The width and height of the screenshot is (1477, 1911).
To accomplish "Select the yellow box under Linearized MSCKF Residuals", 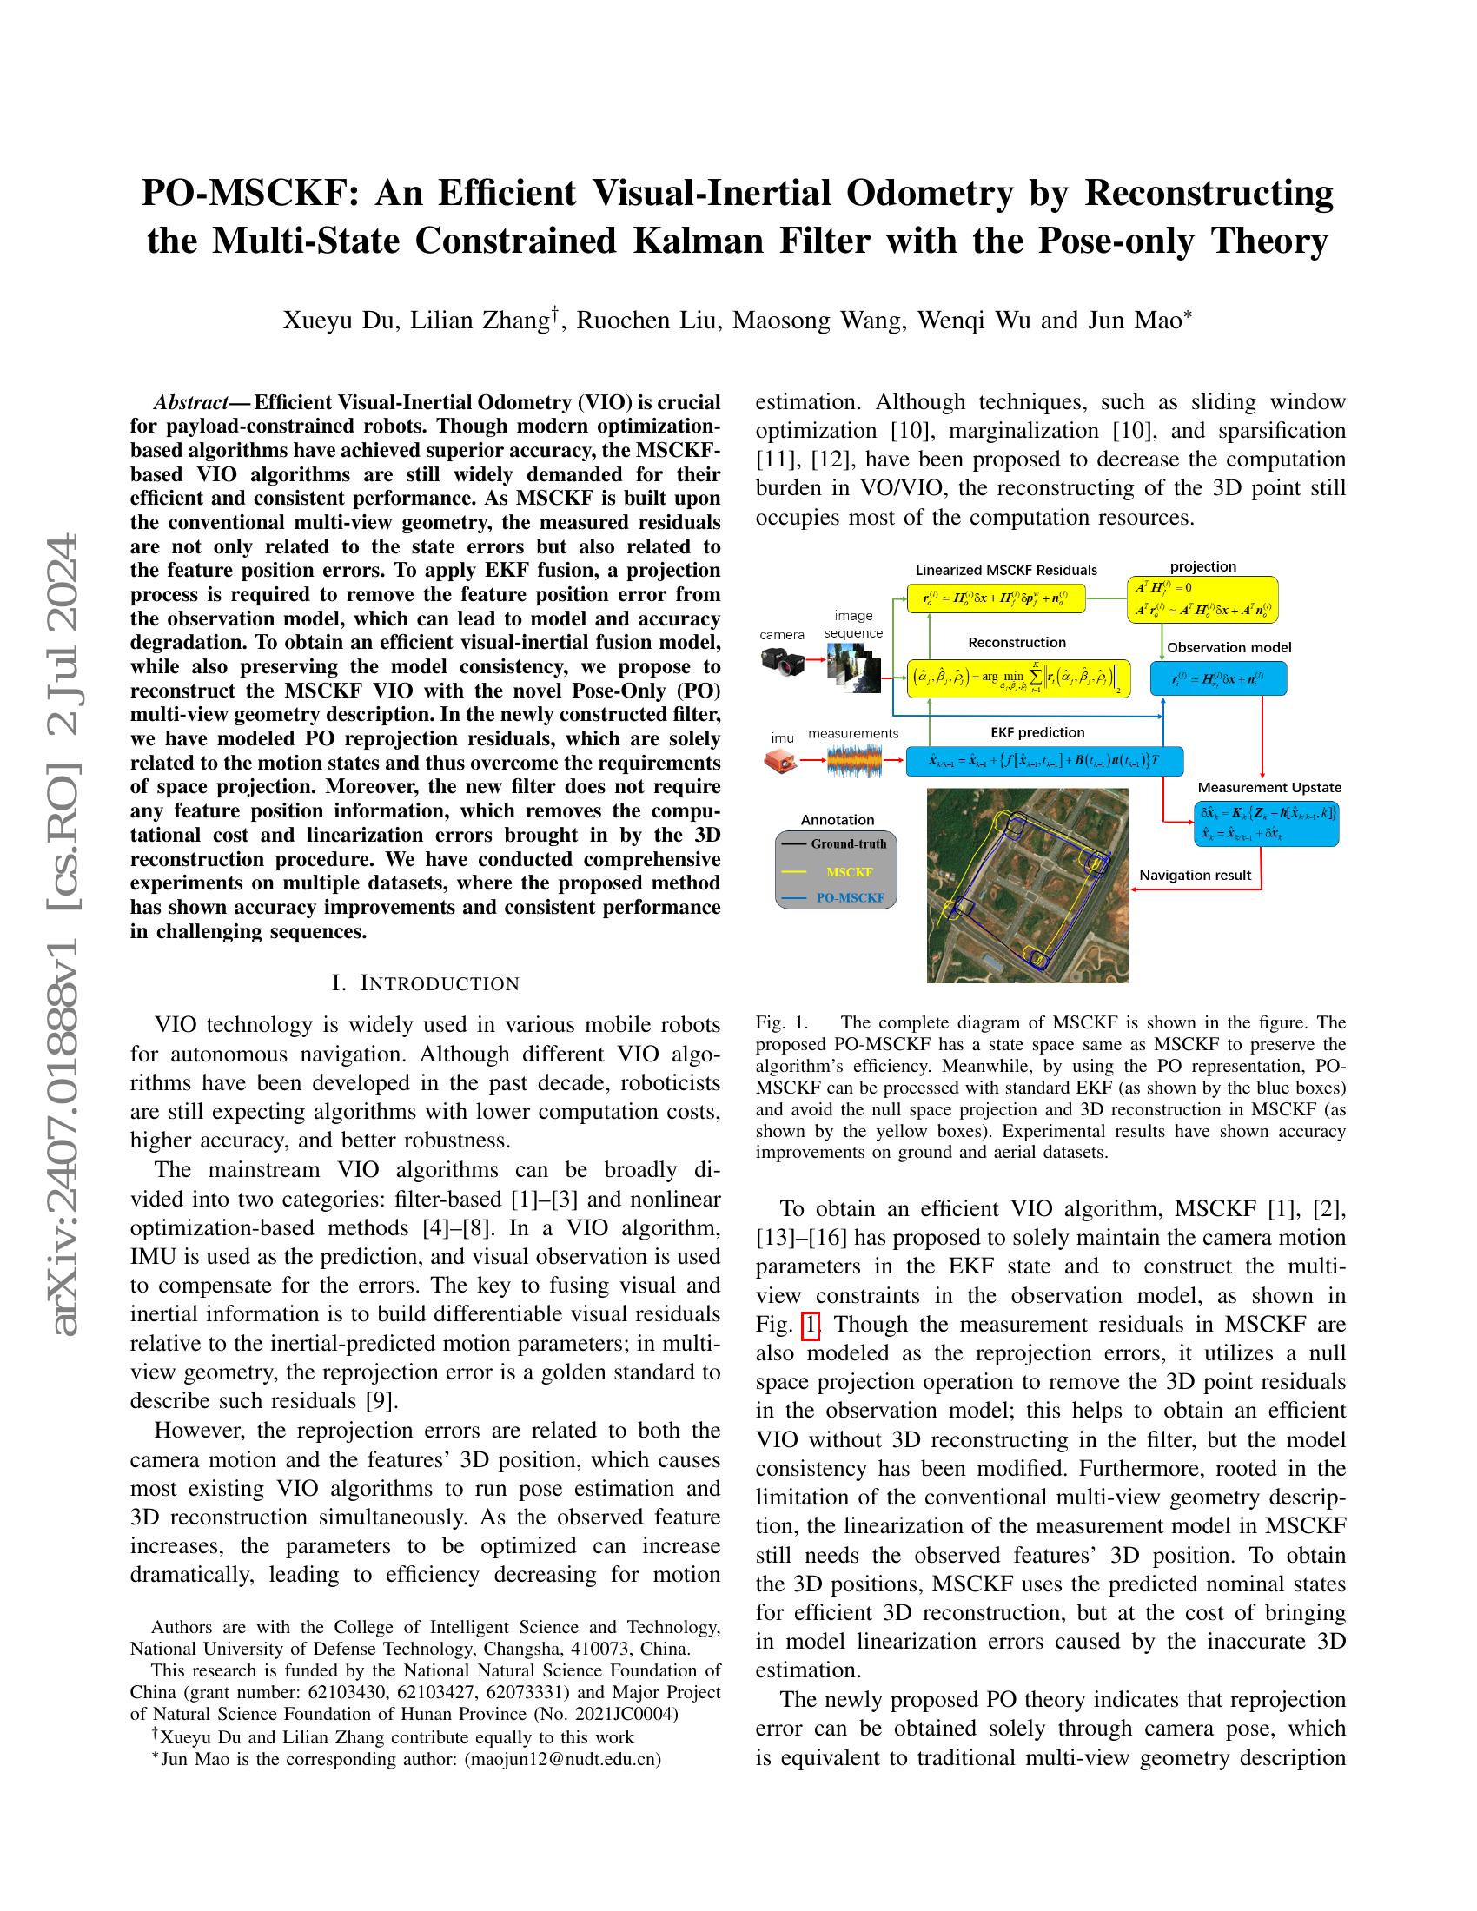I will (x=995, y=598).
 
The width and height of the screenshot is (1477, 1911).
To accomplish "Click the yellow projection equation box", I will (x=1202, y=599).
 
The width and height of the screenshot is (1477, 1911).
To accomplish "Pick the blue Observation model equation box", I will (x=1218, y=678).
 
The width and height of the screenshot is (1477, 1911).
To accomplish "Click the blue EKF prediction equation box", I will (x=1043, y=760).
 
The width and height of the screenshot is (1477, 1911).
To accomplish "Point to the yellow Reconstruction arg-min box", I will (x=1018, y=678).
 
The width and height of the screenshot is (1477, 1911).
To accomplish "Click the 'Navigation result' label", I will (x=1196, y=875).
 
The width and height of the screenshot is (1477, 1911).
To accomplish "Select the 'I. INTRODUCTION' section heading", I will (x=425, y=982).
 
